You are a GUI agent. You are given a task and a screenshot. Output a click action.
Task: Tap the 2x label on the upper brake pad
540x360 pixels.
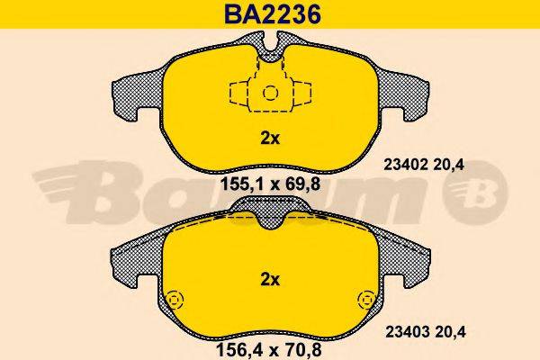click(271, 139)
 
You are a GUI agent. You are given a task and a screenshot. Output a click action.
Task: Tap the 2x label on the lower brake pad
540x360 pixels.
click(271, 279)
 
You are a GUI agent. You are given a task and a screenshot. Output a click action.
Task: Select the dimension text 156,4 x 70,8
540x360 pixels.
click(271, 343)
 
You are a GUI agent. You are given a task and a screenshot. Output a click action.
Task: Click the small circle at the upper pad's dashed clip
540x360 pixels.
click(270, 93)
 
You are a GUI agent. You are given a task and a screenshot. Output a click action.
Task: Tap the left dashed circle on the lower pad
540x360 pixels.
click(174, 299)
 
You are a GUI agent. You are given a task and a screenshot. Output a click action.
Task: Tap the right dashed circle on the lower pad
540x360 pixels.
click(366, 299)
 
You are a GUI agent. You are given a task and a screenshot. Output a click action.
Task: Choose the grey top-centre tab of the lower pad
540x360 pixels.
click(270, 209)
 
